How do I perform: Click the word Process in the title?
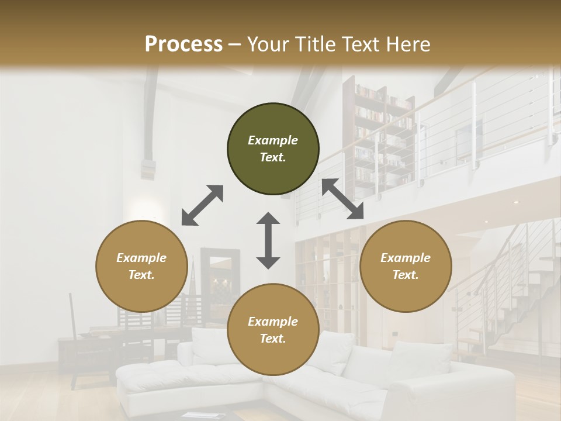coord(183,44)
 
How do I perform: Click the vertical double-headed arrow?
coord(268,240)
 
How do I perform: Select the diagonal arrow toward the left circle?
coord(202,205)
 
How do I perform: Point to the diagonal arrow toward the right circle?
coord(342,199)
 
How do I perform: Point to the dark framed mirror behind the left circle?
coord(220,281)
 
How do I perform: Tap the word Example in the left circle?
coord(141,258)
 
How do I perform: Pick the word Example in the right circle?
coord(406,258)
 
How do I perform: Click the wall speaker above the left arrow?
coord(149,170)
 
